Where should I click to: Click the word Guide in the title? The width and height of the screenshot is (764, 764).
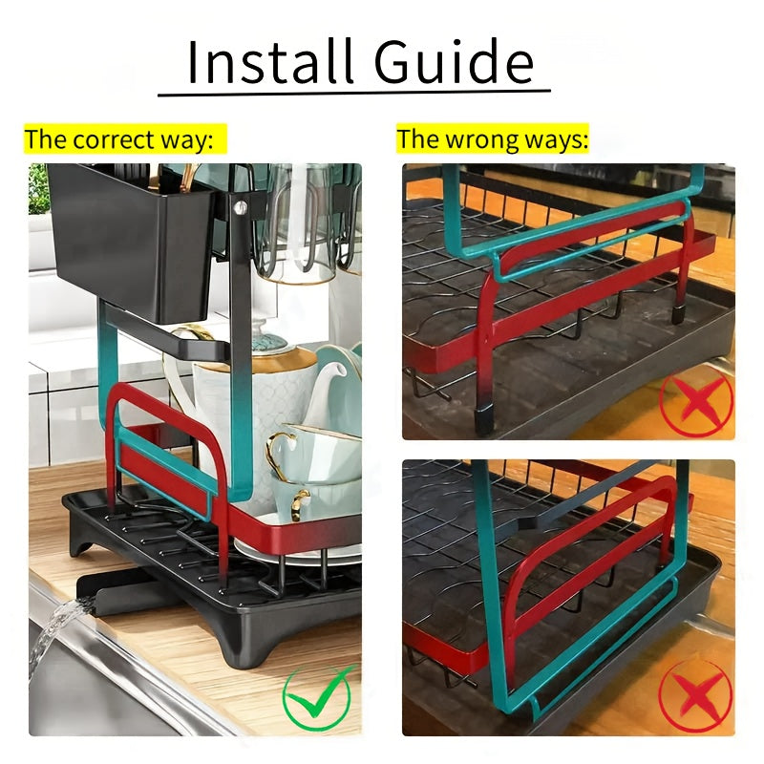[x=454, y=61]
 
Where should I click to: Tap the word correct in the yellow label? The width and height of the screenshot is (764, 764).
[x=114, y=139]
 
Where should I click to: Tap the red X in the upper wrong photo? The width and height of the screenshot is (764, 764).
[x=696, y=400]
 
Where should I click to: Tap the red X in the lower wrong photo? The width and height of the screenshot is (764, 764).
[x=696, y=695]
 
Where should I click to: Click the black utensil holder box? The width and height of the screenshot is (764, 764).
[x=131, y=242]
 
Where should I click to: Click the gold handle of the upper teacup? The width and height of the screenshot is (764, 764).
[x=280, y=453]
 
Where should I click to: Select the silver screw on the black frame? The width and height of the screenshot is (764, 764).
[x=240, y=207]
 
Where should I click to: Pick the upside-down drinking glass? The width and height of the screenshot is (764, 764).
[x=297, y=224]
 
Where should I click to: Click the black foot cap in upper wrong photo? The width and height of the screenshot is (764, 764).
[x=484, y=422]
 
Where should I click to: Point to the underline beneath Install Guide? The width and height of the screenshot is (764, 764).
[x=354, y=92]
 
